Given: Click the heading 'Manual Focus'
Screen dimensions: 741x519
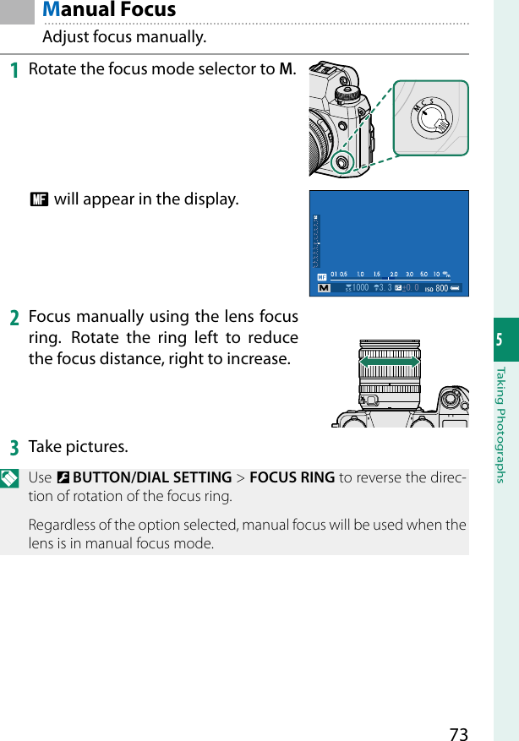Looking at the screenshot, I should (x=109, y=10).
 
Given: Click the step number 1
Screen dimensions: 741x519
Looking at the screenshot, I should (x=14, y=68).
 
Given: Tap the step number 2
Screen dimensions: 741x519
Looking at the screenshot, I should (x=14, y=319).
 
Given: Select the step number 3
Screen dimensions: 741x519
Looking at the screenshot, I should (x=14, y=446).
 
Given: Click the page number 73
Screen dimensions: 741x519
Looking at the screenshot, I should (x=458, y=733).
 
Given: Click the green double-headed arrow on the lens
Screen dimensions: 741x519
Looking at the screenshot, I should (x=390, y=362).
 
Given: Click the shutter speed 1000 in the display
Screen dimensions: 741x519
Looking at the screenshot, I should (x=359, y=288).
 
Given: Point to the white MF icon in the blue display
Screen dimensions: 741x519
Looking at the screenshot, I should (x=321, y=276).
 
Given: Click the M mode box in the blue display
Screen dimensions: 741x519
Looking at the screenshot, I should (x=323, y=288).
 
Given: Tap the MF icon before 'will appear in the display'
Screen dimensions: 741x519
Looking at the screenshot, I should (x=38, y=200).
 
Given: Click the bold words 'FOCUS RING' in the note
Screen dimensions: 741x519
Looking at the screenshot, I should (x=292, y=478).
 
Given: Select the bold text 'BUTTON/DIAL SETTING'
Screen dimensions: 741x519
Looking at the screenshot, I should (x=152, y=478).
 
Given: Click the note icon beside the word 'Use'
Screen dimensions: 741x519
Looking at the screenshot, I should (x=12, y=478).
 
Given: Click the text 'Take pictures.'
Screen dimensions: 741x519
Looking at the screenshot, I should (x=79, y=446).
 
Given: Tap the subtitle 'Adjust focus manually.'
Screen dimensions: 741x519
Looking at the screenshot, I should (x=124, y=38).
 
